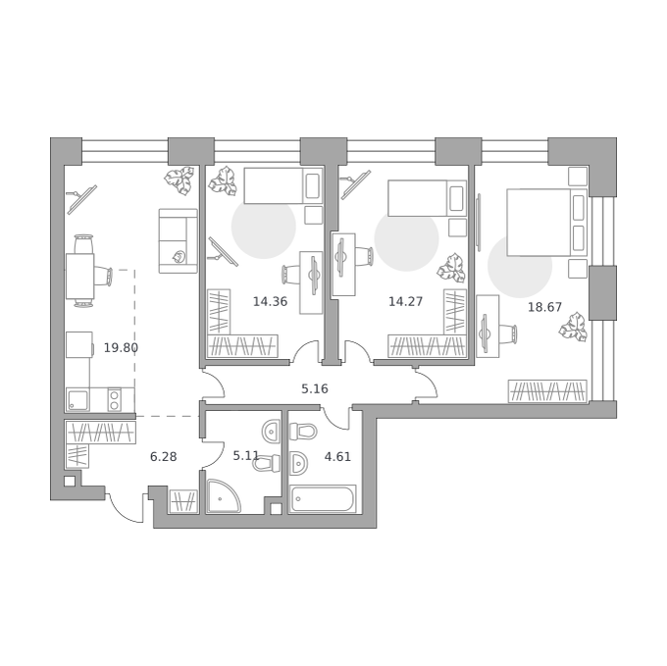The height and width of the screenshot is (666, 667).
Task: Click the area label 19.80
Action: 121,348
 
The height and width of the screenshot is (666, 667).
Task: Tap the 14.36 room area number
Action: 270,301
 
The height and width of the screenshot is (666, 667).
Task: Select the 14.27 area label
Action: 405,301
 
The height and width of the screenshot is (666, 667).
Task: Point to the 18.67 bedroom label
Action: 544,307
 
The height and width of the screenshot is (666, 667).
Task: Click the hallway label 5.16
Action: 315,388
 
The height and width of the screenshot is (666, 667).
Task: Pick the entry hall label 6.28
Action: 164,457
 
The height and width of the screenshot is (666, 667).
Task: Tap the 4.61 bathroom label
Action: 337,457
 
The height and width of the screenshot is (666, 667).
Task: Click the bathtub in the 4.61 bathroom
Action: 323,499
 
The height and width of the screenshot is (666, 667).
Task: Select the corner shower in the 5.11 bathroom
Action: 222,496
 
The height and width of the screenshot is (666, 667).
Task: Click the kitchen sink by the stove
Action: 77,400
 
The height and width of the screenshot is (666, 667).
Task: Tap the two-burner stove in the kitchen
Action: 114,400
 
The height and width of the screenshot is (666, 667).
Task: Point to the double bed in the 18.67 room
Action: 547,223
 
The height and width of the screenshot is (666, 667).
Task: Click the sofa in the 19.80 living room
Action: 179,240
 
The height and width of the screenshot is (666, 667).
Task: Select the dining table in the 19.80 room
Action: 79,277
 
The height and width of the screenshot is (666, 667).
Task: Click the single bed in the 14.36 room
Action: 282,185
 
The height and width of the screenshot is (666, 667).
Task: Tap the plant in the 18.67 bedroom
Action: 573,327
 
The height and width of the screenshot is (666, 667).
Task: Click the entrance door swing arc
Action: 122,509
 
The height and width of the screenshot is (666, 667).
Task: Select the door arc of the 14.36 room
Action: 304,348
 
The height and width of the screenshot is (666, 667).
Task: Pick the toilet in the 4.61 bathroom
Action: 303,432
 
